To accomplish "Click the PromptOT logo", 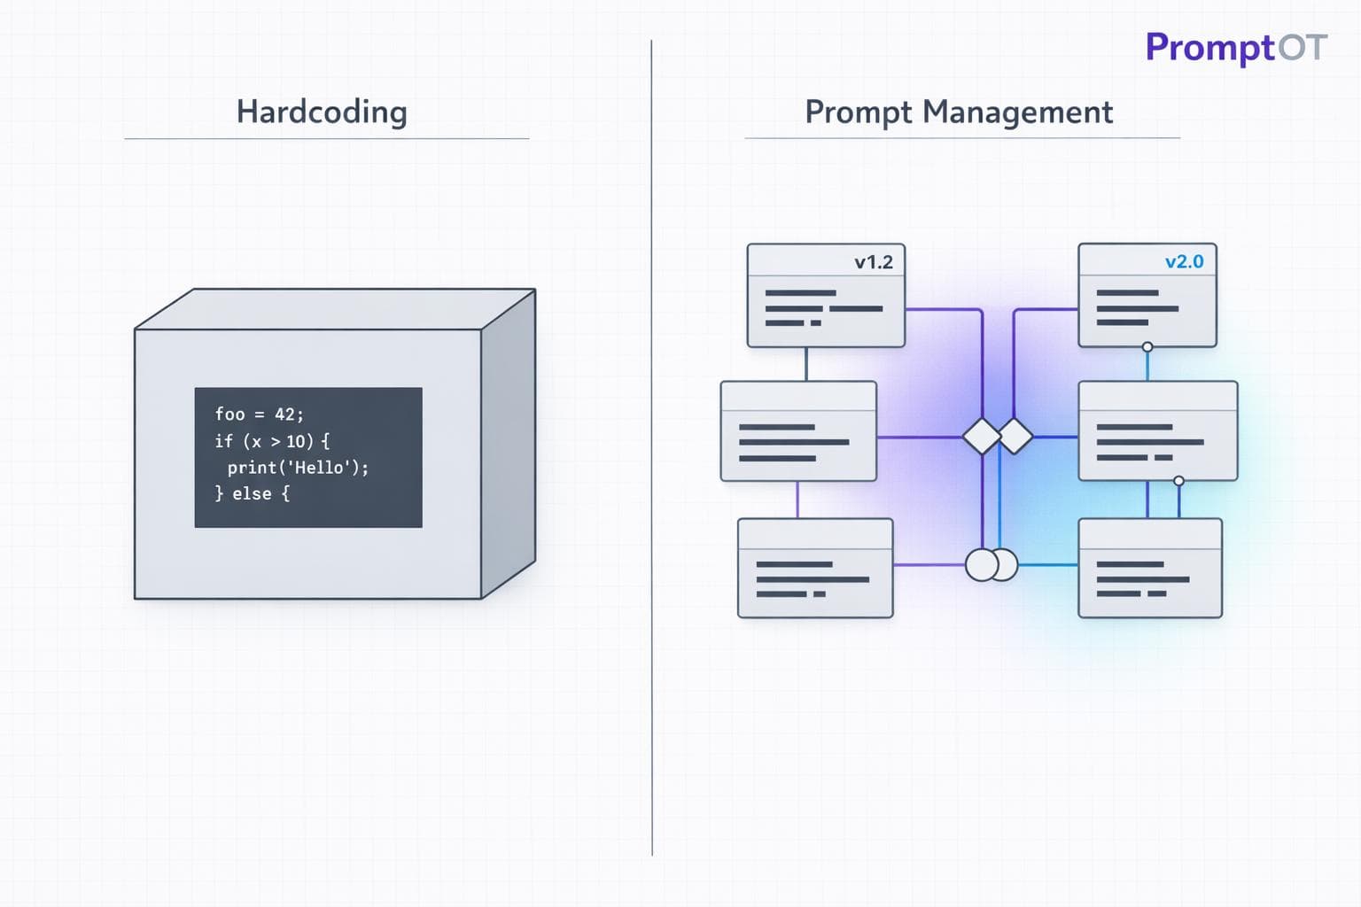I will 1235,48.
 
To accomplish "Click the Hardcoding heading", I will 322,112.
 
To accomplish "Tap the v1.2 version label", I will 873,262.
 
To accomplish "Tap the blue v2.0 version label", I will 1184,261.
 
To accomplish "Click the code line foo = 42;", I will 259,414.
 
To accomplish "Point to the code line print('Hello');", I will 297,467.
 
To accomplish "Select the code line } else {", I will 252,493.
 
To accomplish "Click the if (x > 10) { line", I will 271,440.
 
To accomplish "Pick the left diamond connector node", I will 982,437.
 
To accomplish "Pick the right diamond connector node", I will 1015,436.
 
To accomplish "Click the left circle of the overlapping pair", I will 980,564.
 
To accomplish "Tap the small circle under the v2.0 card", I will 1147,347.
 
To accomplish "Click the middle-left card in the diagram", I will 798,432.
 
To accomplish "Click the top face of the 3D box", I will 335,308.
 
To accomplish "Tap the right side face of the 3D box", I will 509,443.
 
